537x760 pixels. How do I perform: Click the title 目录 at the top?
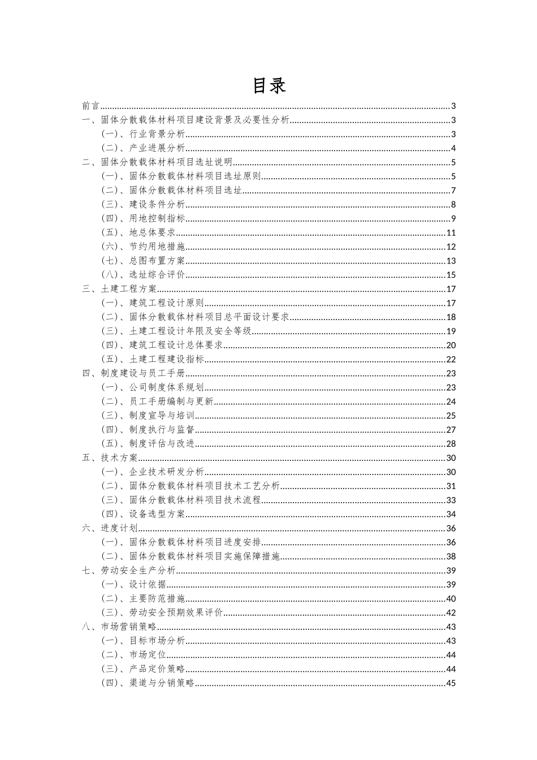[x=268, y=86]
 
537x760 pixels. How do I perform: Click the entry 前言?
[x=90, y=106]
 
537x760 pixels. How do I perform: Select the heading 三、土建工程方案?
[x=119, y=289]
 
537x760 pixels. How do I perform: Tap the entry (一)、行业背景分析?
[x=143, y=134]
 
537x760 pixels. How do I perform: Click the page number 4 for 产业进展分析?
[x=453, y=148]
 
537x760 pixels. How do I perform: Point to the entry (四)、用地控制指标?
[x=143, y=219]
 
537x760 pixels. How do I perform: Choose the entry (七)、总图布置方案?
[x=143, y=261]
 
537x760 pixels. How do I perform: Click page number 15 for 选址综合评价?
[x=451, y=275]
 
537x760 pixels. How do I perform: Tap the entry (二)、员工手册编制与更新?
[x=157, y=401]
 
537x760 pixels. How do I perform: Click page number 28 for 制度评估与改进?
[x=451, y=444]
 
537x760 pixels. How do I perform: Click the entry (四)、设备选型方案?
[x=143, y=514]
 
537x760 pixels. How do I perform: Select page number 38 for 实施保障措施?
[x=451, y=556]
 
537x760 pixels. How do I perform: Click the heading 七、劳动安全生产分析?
[x=129, y=571]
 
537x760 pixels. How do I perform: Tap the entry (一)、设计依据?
[x=133, y=585]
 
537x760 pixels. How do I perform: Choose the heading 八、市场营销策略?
[x=119, y=627]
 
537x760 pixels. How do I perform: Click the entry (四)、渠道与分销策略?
[x=148, y=683]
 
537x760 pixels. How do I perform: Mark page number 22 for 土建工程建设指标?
[x=451, y=359]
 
